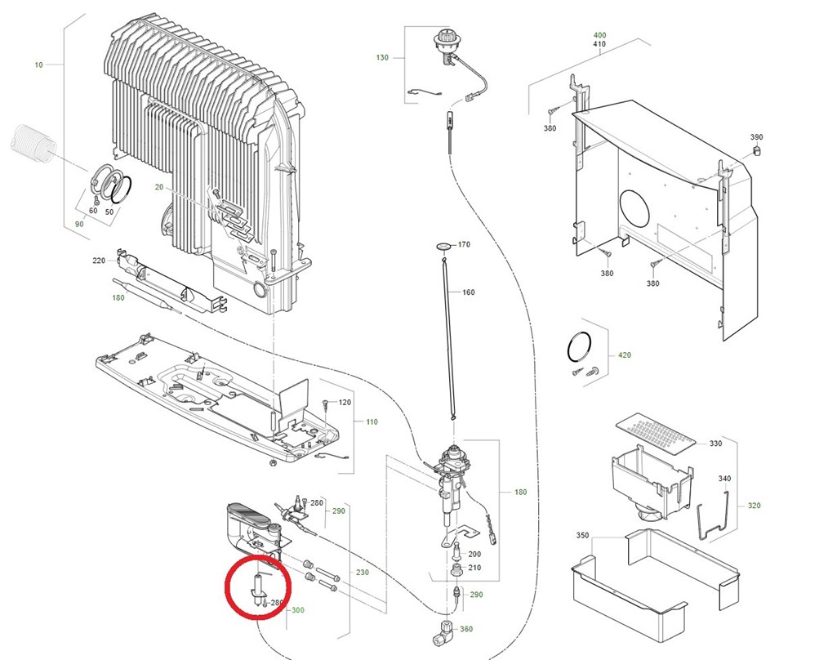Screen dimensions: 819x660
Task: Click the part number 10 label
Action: coord(38,65)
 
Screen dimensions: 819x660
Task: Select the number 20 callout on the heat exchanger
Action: coord(158,187)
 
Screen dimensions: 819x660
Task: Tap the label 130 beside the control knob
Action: coord(382,57)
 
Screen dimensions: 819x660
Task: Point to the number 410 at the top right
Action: coord(599,44)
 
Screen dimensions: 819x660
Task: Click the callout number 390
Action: coord(756,137)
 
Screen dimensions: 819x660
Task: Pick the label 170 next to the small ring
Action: coord(464,244)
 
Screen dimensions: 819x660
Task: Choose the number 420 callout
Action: coord(624,355)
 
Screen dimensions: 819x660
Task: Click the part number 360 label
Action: coord(466,629)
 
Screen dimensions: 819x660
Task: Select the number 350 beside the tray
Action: coord(582,535)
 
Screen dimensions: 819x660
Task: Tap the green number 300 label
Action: coord(298,610)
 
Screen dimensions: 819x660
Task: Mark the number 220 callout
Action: coord(99,261)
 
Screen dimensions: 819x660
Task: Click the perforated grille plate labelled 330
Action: coord(656,433)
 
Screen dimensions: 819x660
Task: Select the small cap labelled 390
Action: coord(755,150)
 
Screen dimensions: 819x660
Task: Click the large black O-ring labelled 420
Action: coord(579,346)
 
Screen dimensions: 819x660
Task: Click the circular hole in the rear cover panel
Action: coord(634,208)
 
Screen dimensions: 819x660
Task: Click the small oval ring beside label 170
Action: coord(444,245)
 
